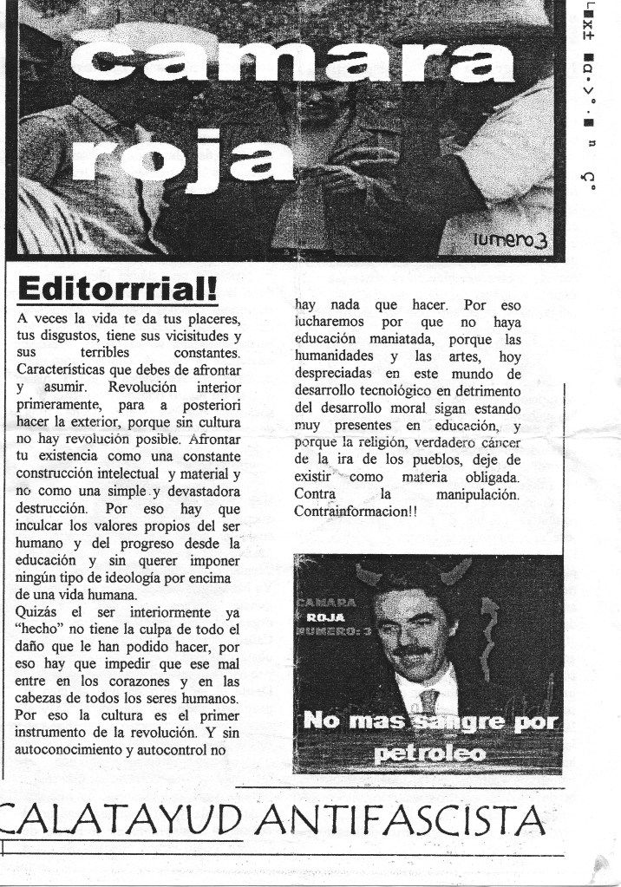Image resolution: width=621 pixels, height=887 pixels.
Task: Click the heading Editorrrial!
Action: tap(118, 287)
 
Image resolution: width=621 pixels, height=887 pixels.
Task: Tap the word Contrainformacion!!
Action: tap(356, 512)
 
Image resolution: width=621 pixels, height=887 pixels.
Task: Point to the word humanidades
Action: tap(335, 356)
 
